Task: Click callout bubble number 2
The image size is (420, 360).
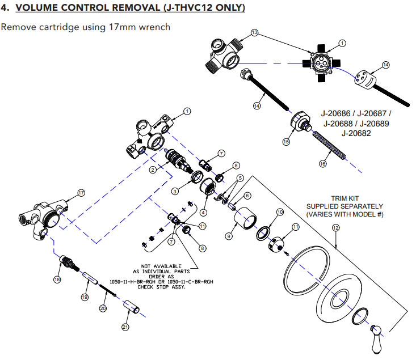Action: [153, 170]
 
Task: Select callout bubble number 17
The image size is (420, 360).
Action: [81, 193]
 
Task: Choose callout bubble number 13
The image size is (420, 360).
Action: [254, 33]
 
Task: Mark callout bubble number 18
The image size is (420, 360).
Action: [57, 279]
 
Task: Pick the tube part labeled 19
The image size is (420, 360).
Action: [91, 279]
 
